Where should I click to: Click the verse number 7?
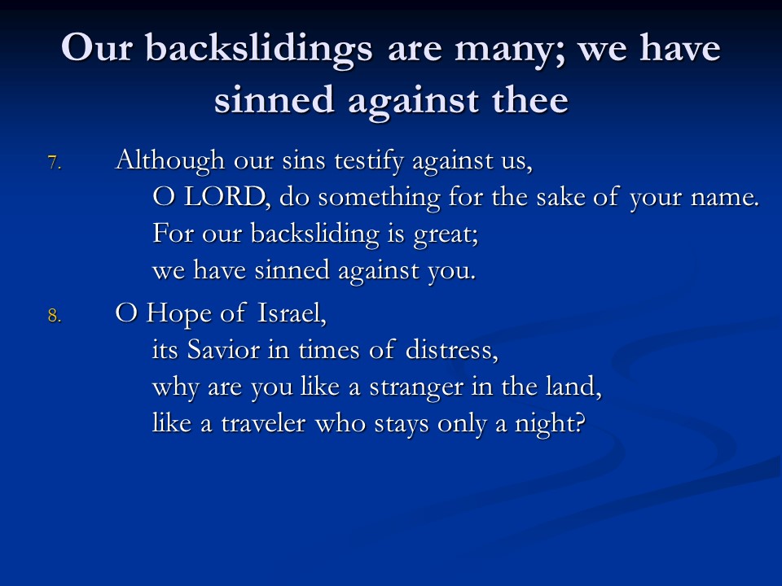(x=55, y=163)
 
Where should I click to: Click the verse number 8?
(x=55, y=316)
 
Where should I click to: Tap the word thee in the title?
(x=530, y=99)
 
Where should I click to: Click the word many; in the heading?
(x=511, y=51)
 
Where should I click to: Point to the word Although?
(x=170, y=160)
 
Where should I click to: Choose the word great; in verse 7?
(x=446, y=234)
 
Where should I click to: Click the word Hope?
(x=179, y=313)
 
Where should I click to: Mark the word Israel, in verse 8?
(x=292, y=313)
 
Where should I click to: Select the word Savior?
(x=223, y=349)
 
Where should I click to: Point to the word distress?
(x=452, y=349)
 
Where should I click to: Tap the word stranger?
(x=416, y=387)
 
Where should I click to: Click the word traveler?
(x=263, y=423)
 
